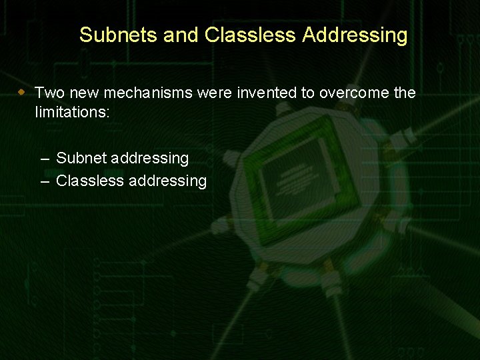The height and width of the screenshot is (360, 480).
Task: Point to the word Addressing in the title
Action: point(355,35)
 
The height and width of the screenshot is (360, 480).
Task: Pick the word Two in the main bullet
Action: point(49,93)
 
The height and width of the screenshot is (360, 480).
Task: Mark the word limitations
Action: point(72,113)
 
